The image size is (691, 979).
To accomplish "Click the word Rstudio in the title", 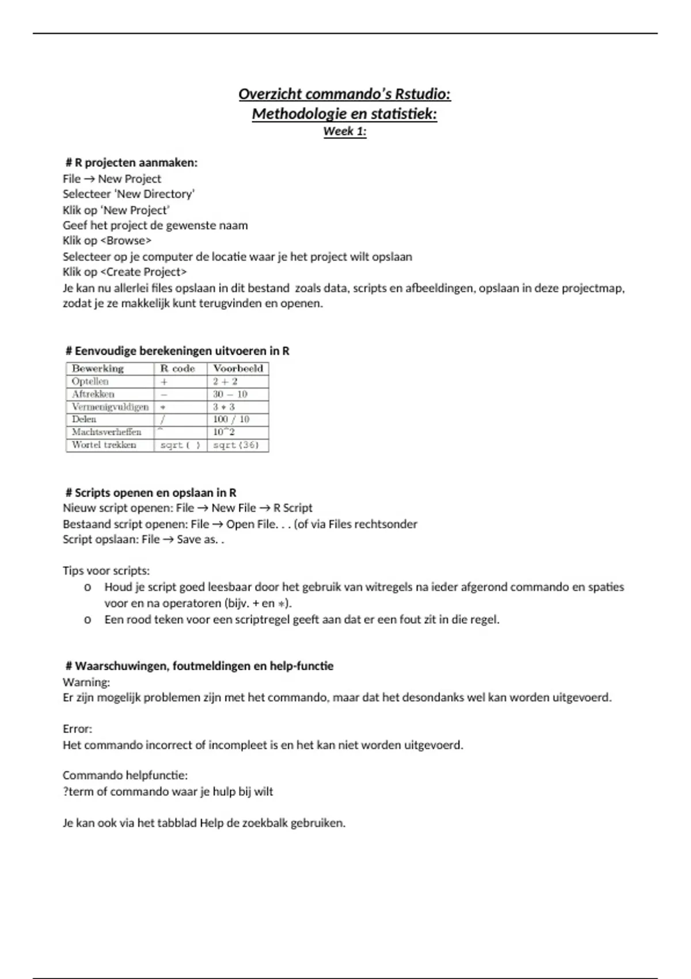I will pyautogui.click(x=423, y=94).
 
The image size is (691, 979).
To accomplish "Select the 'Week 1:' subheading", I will pyautogui.click(x=344, y=131).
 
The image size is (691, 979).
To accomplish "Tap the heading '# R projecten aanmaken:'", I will pyautogui.click(x=132, y=162).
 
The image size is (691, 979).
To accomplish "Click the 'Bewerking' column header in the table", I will pyautogui.click(x=98, y=369).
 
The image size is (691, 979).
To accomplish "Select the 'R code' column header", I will pyautogui.click(x=177, y=369).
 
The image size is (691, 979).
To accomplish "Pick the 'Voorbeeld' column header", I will pyautogui.click(x=238, y=369).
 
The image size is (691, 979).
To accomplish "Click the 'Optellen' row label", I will pyautogui.click(x=90, y=381).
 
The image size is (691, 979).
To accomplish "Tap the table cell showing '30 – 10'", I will pyautogui.click(x=230, y=394).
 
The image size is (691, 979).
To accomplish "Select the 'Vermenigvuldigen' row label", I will pyautogui.click(x=110, y=407).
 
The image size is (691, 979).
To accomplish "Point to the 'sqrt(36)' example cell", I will pyautogui.click(x=236, y=445).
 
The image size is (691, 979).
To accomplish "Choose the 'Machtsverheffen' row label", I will pyautogui.click(x=107, y=432).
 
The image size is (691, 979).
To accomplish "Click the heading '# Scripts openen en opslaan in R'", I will pyautogui.click(x=151, y=492).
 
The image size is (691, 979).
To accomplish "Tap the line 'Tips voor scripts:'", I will pyautogui.click(x=106, y=571).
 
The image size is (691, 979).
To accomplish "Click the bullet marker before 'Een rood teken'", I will pyautogui.click(x=88, y=620).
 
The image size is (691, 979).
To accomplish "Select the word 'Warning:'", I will pyautogui.click(x=86, y=682).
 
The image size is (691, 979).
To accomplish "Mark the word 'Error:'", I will pyautogui.click(x=77, y=729).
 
